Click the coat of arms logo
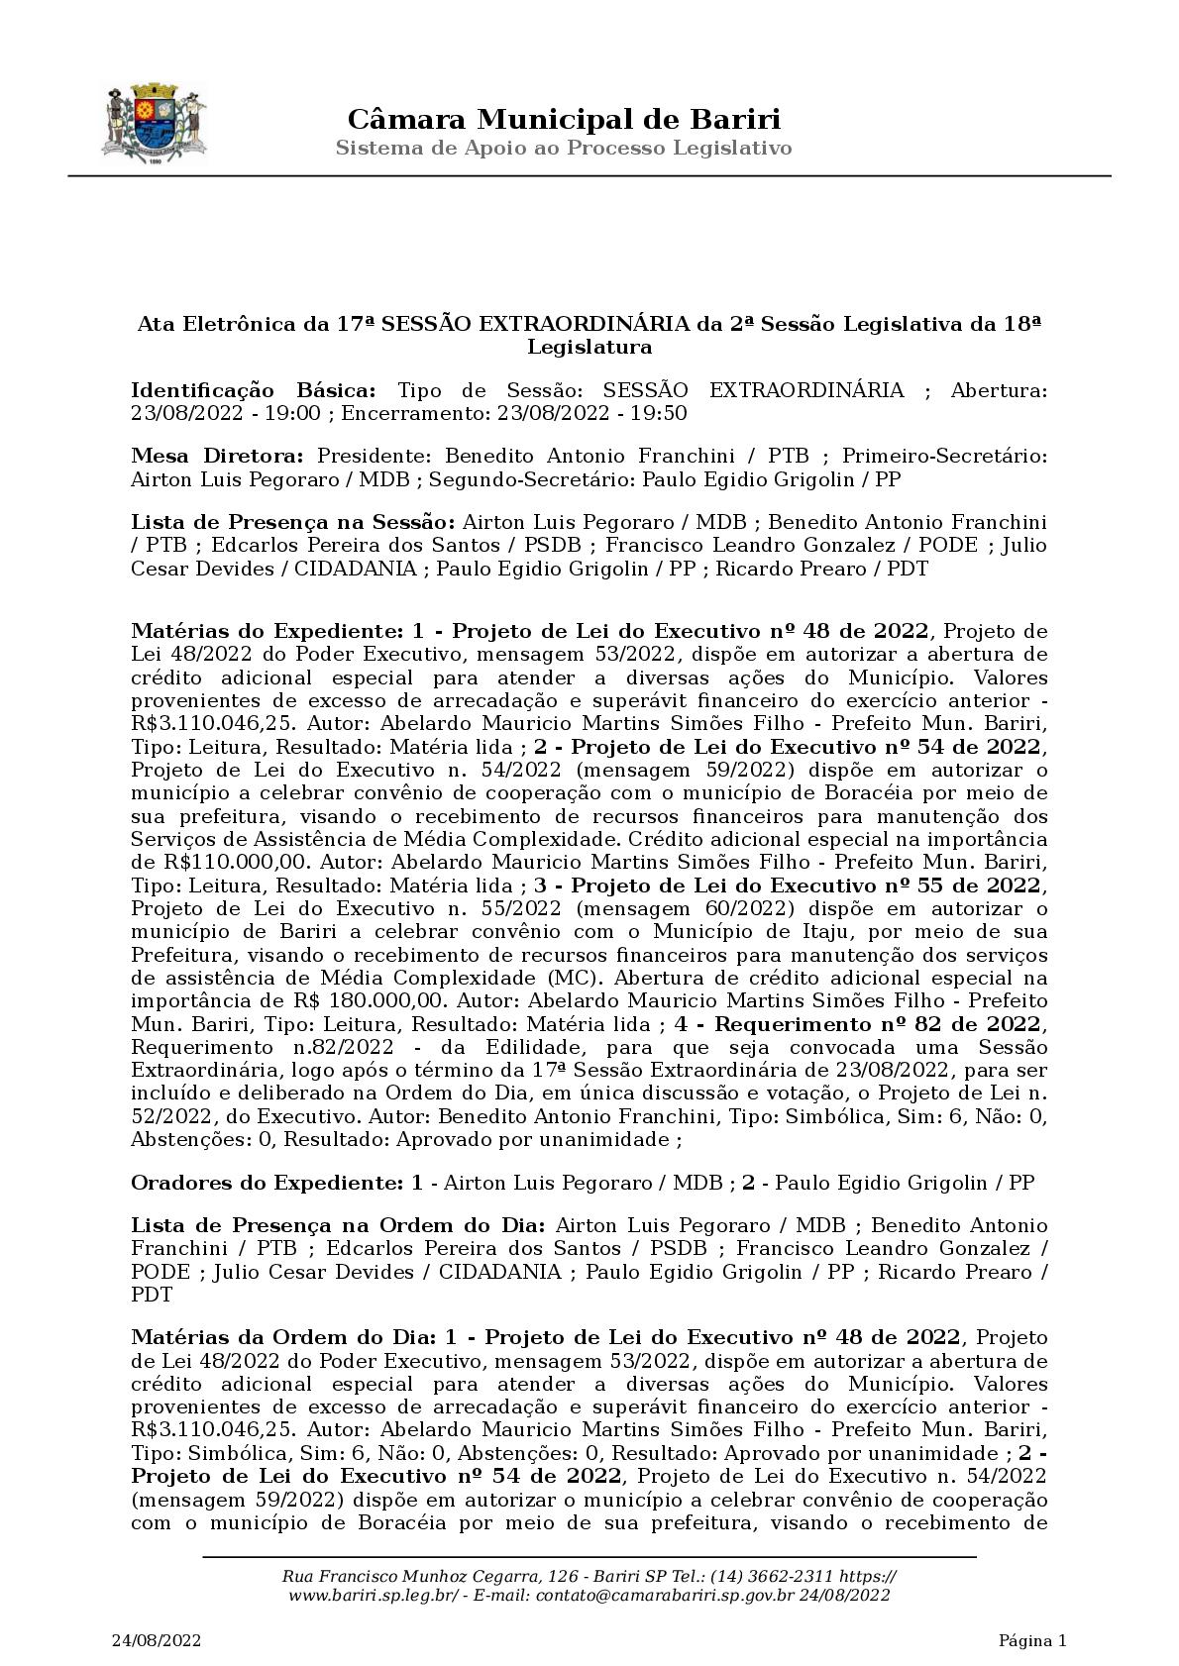tap(155, 125)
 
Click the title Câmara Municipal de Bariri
tap(564, 120)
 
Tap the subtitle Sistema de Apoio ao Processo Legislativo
tap(564, 149)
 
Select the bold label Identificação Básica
tap(254, 390)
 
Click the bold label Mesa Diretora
tap(218, 457)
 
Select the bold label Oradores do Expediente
tap(268, 1183)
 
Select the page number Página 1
tap(1032, 1641)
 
